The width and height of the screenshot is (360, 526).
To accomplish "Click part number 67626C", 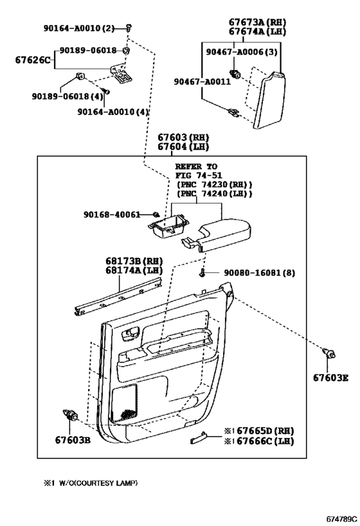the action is pos(33,60).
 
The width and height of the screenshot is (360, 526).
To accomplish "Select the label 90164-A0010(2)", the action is pos(79,28).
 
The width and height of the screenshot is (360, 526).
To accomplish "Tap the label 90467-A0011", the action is pos(202,82).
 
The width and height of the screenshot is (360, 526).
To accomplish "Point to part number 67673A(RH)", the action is pos(257,22).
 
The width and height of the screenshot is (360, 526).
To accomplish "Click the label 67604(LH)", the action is pos(183,146).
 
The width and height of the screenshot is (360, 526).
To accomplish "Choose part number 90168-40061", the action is pos(112,215).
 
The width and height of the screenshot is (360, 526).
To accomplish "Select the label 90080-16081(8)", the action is pos(260,273).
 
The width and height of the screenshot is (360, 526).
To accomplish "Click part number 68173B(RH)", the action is pos(134,261).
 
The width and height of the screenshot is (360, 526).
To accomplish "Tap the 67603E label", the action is pos(331,378).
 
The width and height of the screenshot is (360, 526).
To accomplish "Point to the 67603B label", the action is pos(73,440).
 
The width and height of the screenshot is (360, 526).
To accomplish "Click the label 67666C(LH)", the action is pos(265,441).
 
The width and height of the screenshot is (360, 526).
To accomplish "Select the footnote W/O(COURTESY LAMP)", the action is pos(98,483).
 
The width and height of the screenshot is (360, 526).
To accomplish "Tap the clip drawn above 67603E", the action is pos(328,353).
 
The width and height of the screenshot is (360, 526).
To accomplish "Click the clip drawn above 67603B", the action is pos(70,416).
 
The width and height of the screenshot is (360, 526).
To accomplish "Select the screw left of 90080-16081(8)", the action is pos(202,273).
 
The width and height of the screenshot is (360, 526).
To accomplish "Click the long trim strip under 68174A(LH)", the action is pos(118,295).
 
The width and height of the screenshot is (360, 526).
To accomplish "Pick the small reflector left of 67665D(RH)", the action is pos(198,437).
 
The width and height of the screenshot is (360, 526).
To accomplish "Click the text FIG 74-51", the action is pos(199,175).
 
